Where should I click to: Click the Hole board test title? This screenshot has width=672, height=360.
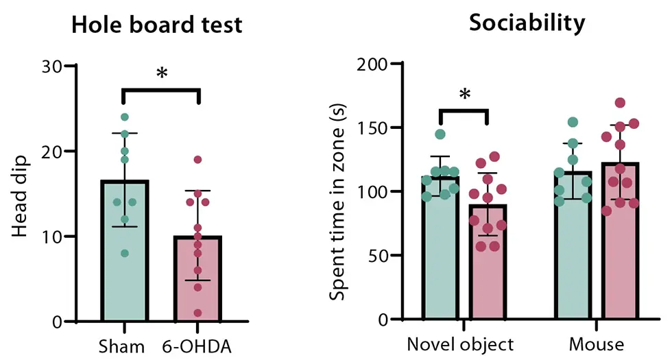tap(157, 25)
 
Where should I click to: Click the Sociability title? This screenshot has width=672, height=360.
tap(527, 23)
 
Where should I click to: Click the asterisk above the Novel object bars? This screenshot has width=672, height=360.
tap(464, 95)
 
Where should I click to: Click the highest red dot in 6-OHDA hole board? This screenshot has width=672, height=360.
tap(197, 160)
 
